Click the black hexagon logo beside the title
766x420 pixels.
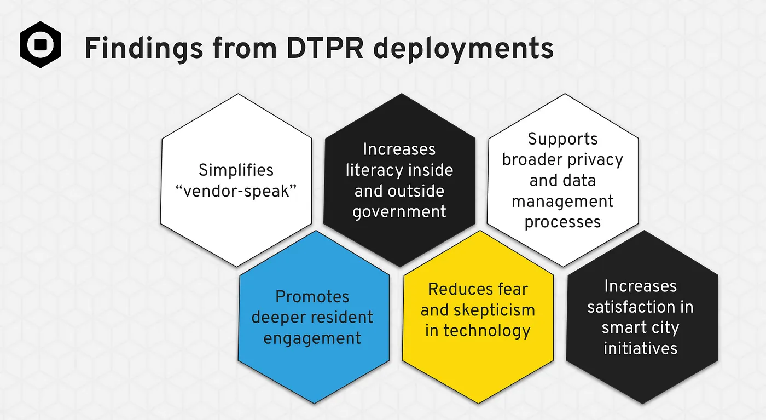point(40,44)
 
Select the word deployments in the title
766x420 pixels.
point(466,50)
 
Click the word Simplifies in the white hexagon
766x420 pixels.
point(236,170)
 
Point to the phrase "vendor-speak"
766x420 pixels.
point(236,191)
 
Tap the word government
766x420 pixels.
point(399,211)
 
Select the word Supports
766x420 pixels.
point(562,139)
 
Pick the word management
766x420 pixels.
point(562,201)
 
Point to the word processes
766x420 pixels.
point(562,222)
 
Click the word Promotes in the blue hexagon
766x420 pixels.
point(312,297)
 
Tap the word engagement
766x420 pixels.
point(312,338)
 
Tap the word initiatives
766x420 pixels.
point(640,348)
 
